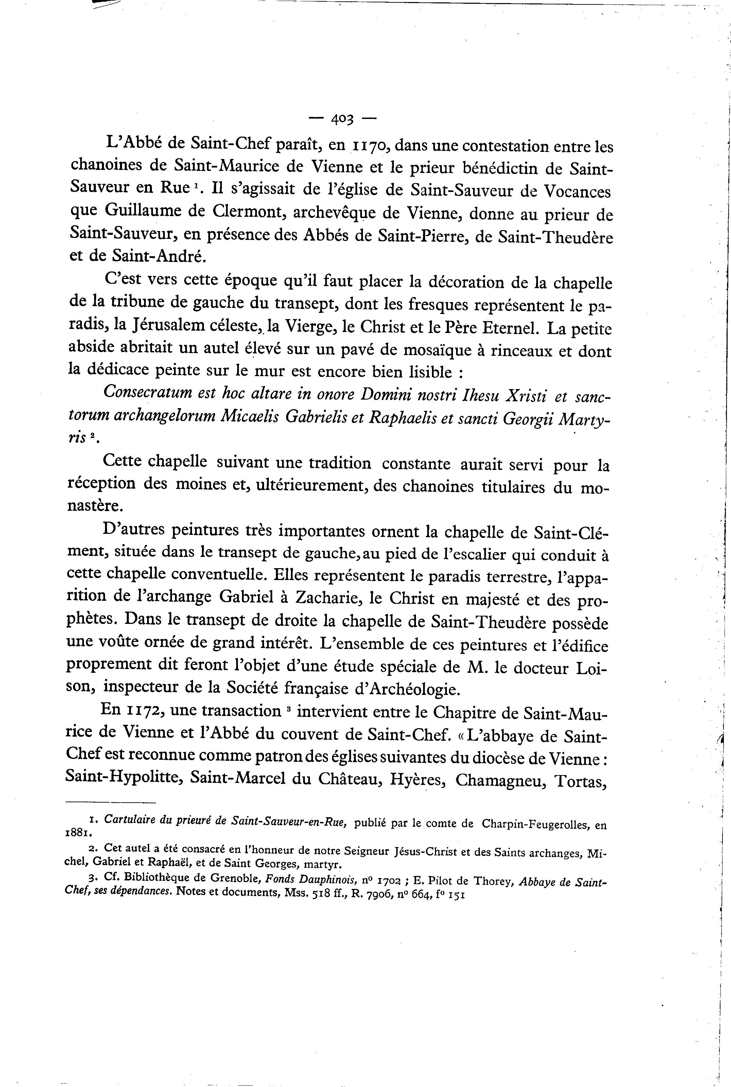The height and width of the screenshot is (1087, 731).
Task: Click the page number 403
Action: [x=343, y=119]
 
